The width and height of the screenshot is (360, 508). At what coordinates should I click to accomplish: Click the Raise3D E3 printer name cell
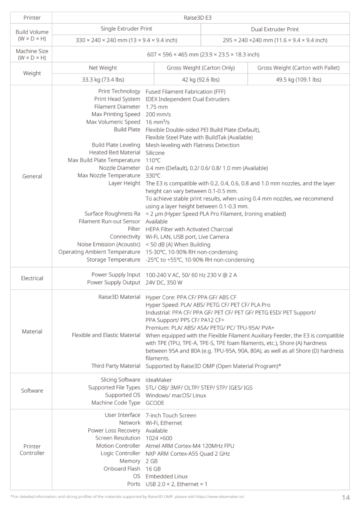pyautogui.click(x=197, y=18)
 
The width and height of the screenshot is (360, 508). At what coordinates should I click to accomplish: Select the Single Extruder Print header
pyautogui.click(x=126, y=29)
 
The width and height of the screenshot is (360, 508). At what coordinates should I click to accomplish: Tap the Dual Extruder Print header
pyautogui.click(x=275, y=29)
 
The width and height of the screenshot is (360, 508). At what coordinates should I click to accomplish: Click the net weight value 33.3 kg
pyautogui.click(x=103, y=79)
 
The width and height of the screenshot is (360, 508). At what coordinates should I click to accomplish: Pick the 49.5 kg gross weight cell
pyautogui.click(x=298, y=79)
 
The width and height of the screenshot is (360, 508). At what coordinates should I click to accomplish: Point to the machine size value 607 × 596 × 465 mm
pyautogui.click(x=203, y=55)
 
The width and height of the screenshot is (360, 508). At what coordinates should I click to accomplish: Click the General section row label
pyautogui.click(x=32, y=176)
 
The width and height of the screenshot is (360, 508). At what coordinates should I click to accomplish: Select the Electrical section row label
pyautogui.click(x=32, y=278)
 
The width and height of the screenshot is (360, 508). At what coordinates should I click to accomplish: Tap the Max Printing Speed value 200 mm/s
pyautogui.click(x=158, y=114)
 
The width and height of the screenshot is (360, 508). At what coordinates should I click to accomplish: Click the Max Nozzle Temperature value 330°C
pyautogui.click(x=153, y=175)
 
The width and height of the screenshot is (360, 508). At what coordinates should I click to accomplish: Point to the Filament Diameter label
pyautogui.click(x=117, y=107)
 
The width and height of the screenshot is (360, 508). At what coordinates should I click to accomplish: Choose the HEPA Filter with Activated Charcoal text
pyautogui.click(x=189, y=229)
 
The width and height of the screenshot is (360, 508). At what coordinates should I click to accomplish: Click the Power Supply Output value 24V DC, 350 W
pyautogui.click(x=164, y=282)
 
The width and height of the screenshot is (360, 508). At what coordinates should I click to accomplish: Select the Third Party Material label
pyautogui.click(x=116, y=366)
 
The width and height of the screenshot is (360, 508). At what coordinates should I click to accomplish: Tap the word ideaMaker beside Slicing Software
pyautogui.click(x=159, y=380)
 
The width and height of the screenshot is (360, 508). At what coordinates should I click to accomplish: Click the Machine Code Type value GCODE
pyautogui.click(x=155, y=403)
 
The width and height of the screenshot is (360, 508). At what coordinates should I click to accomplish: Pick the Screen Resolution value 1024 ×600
pyautogui.click(x=159, y=438)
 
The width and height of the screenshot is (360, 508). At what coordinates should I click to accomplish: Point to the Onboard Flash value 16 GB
pyautogui.click(x=153, y=469)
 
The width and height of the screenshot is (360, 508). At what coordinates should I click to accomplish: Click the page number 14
pyautogui.click(x=345, y=497)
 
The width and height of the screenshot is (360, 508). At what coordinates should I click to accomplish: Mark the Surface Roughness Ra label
pyautogui.click(x=112, y=214)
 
